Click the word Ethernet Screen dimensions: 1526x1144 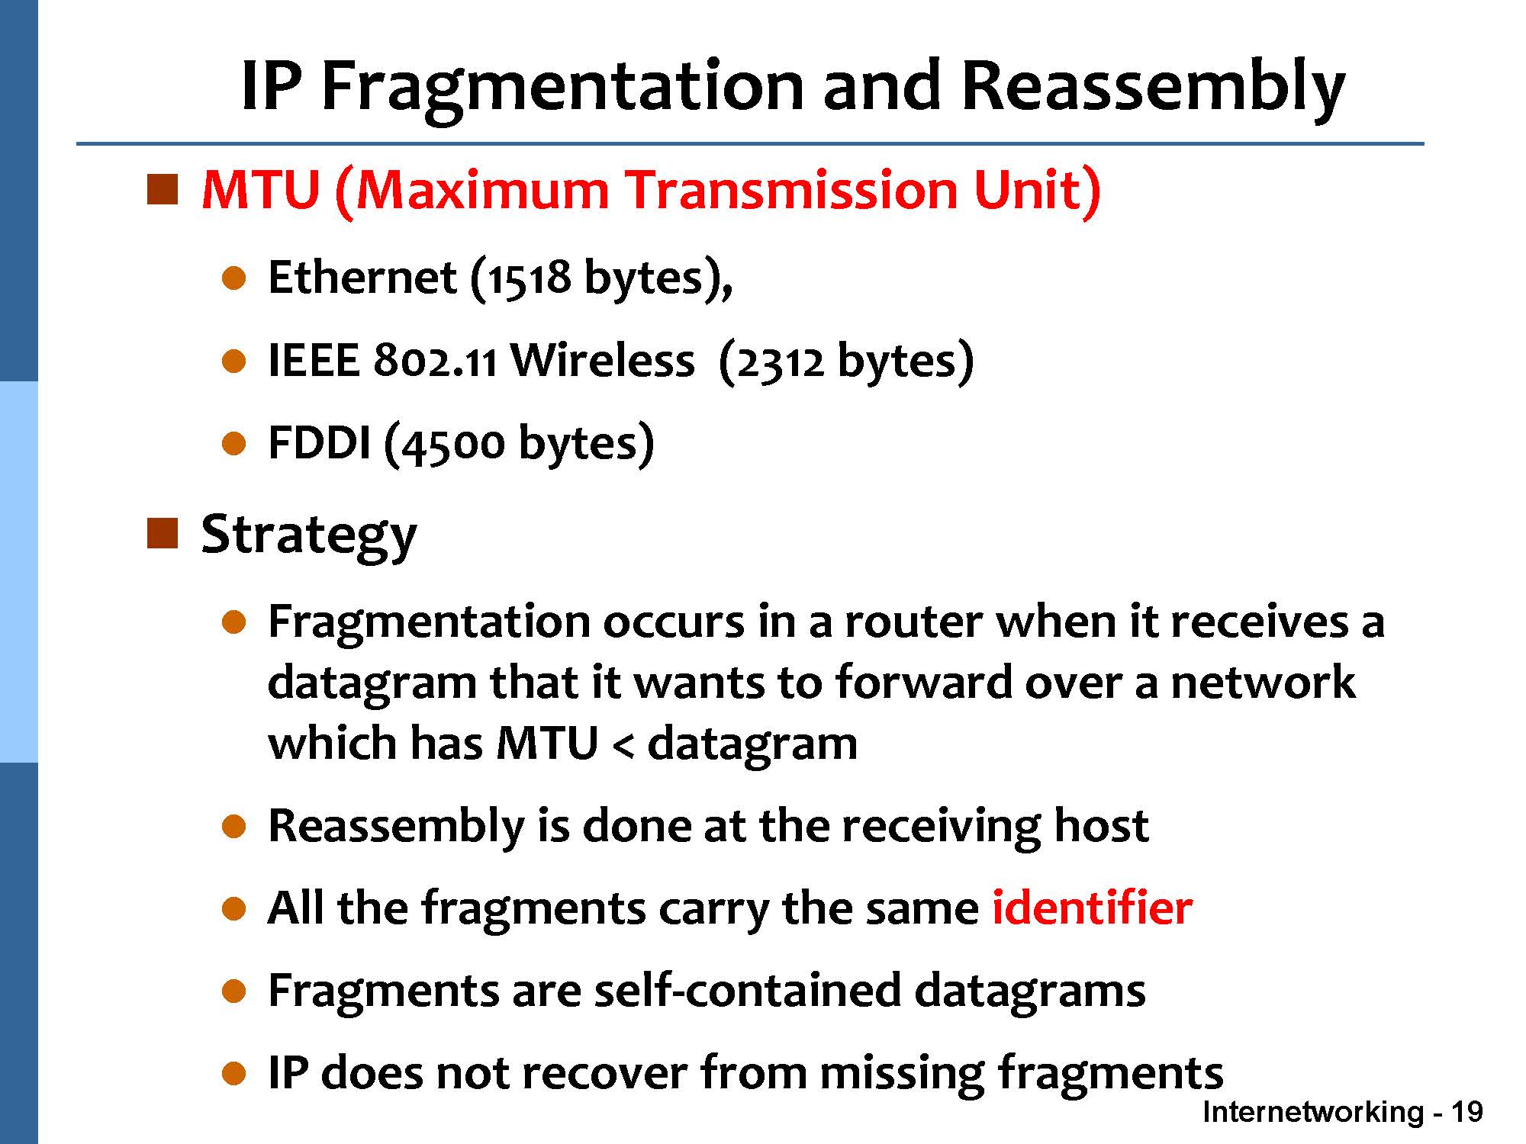click(x=362, y=277)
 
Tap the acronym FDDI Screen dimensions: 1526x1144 click(x=319, y=442)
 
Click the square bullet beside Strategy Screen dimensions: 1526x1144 click(x=162, y=533)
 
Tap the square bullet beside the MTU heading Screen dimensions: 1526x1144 click(x=162, y=189)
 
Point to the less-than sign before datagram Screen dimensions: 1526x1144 click(x=623, y=744)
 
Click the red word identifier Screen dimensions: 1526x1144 click(x=1092, y=908)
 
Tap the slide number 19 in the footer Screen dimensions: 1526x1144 click(x=1466, y=1112)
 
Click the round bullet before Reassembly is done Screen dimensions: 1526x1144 click(x=234, y=827)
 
